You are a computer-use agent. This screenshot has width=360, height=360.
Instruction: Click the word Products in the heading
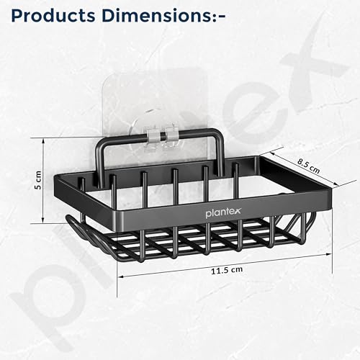point(53,16)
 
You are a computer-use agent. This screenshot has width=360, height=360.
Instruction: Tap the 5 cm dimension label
point(38,180)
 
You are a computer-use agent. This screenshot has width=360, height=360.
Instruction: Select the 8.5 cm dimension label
point(309,166)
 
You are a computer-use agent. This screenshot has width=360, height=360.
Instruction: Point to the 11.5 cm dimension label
point(227,270)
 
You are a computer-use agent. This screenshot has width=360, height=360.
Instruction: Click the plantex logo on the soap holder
point(223,212)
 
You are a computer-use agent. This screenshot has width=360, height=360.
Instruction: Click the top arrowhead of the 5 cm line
point(43,140)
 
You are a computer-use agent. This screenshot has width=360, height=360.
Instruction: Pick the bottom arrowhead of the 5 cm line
point(43,221)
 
